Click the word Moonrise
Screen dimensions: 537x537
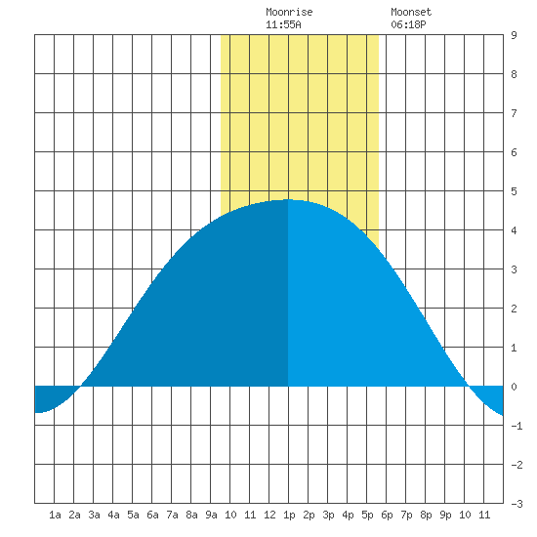tap(289, 12)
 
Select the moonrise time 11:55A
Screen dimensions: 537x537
tap(283, 24)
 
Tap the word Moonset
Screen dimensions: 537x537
tap(411, 12)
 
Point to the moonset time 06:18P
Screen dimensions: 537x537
tap(408, 24)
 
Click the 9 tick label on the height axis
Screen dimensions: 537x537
tap(514, 35)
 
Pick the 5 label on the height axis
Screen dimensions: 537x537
tap(514, 191)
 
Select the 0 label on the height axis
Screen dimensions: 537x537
tap(514, 387)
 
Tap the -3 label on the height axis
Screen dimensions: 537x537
tap(516, 504)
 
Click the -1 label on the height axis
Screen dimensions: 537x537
tap(516, 426)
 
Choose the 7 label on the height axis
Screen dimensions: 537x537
tap(514, 113)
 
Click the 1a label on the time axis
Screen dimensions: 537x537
tap(55, 515)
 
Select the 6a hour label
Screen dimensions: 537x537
tap(152, 515)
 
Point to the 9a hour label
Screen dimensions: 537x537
tap(211, 515)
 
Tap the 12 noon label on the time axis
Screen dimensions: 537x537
tap(269, 515)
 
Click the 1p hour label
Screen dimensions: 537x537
tap(289, 515)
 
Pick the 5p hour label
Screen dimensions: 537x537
tap(367, 515)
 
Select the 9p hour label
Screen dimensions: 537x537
tap(445, 515)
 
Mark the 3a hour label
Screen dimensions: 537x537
tap(94, 515)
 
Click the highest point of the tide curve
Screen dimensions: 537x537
tap(288, 199)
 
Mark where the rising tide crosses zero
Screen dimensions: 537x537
tap(81, 387)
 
